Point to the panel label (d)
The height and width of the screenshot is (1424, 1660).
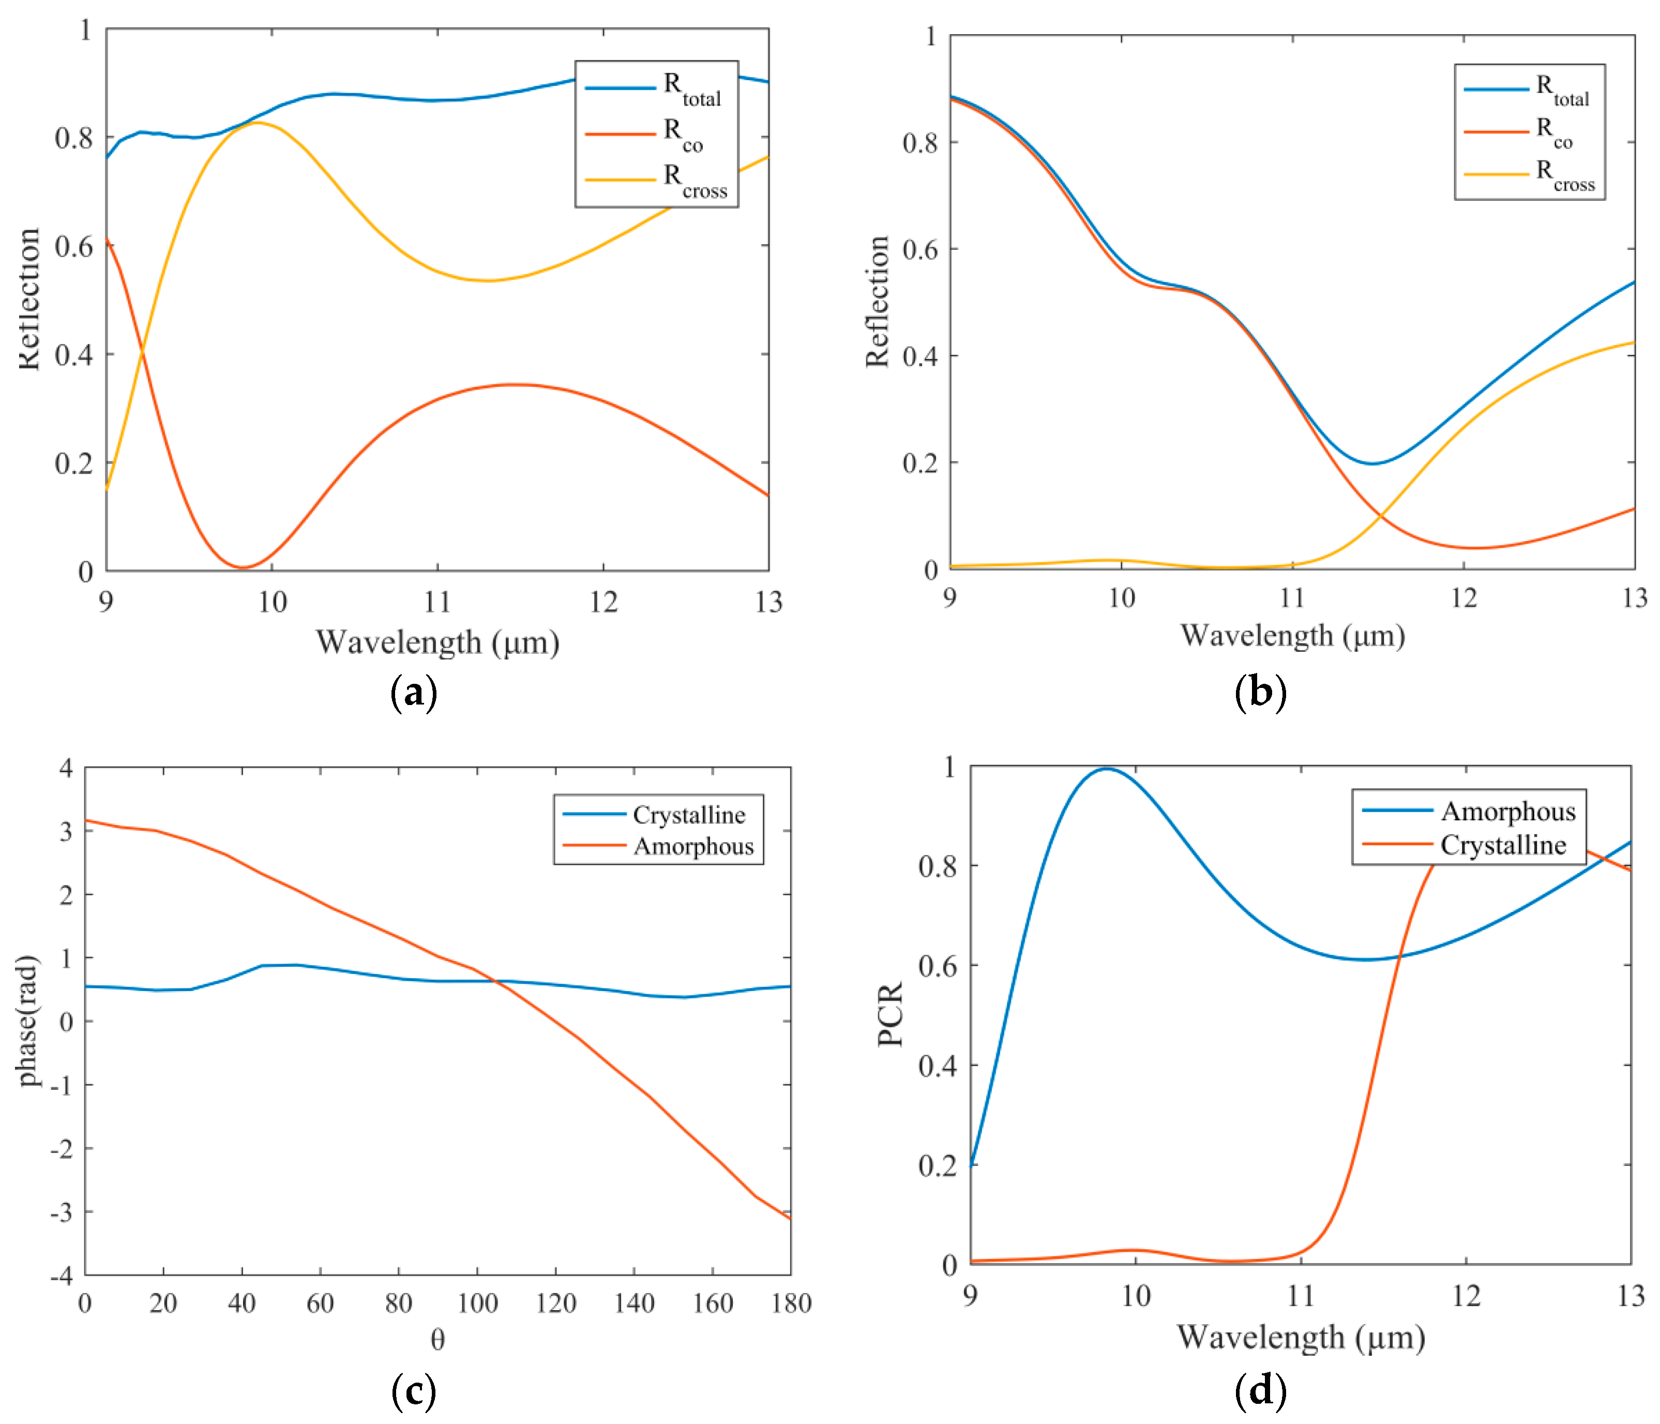[1260, 1392]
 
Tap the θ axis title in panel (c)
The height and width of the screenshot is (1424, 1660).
[437, 1340]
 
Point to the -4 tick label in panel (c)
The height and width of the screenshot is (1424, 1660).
[63, 1275]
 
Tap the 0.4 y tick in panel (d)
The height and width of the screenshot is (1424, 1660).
[938, 1066]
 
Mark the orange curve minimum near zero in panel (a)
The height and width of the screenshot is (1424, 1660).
[243, 567]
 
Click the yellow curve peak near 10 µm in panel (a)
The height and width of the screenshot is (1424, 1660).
[256, 123]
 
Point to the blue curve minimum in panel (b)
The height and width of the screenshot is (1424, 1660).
[1372, 463]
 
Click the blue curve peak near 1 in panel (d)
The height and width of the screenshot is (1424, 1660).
[1106, 769]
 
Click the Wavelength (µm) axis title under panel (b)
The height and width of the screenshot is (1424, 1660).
[1292, 636]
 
